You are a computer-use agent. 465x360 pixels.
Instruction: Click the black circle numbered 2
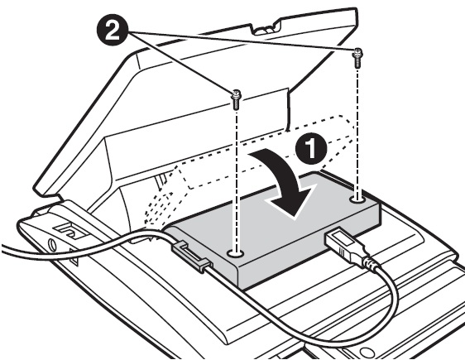click(x=113, y=31)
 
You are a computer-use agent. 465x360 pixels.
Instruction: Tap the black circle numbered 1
click(x=310, y=149)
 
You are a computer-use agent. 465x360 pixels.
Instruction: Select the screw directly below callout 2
click(x=237, y=99)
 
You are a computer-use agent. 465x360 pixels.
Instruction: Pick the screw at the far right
click(x=357, y=58)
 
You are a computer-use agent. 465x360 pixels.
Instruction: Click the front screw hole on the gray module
click(x=235, y=253)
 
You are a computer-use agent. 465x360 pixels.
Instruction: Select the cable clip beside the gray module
click(x=190, y=255)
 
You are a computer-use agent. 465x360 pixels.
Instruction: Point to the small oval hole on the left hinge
click(x=52, y=244)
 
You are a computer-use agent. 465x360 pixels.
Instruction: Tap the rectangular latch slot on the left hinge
click(x=70, y=231)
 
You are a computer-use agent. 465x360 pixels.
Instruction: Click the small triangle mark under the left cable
click(x=74, y=258)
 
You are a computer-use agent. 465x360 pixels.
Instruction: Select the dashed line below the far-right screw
click(x=357, y=132)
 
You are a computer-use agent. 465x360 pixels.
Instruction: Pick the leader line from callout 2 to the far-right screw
click(x=242, y=41)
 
